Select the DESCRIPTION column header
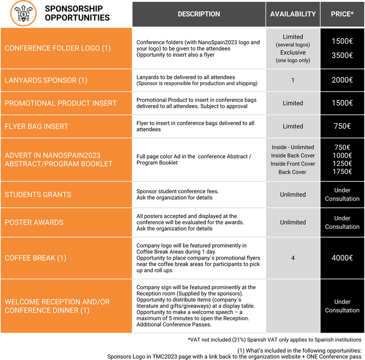point(199,14)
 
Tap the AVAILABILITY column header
point(293,14)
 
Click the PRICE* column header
point(342,14)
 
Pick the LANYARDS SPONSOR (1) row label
point(46,80)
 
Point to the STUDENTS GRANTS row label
point(38,195)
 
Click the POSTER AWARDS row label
point(34,222)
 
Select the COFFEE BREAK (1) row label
point(36,258)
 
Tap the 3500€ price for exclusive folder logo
point(342,56)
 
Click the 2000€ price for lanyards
point(342,80)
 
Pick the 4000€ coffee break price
point(342,258)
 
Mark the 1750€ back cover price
point(342,172)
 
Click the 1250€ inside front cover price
point(342,164)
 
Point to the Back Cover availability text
point(292,172)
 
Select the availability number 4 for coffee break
point(293,258)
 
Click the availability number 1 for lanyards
point(293,80)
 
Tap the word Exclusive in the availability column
point(293,53)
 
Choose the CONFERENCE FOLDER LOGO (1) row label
point(58,48)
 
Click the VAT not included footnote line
point(274,339)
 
